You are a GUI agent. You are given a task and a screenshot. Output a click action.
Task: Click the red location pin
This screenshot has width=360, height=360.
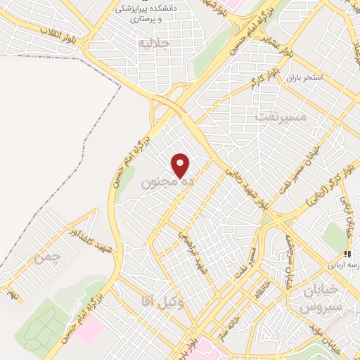click(x=181, y=165)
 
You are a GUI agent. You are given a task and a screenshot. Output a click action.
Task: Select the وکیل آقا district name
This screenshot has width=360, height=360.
click(x=162, y=302)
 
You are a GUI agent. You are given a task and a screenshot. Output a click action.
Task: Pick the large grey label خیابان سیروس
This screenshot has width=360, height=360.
click(x=319, y=299)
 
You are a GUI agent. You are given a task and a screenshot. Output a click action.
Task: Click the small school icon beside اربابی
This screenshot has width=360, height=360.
click(x=346, y=254)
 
